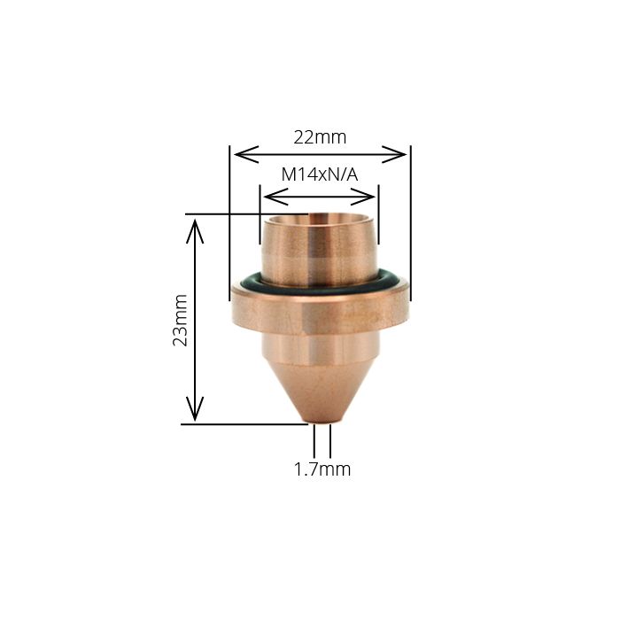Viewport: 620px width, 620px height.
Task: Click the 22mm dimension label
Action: point(320,137)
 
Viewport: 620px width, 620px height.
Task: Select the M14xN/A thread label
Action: point(319,174)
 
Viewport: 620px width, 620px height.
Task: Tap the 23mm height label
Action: point(181,320)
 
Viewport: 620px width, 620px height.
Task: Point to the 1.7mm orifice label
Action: point(322,469)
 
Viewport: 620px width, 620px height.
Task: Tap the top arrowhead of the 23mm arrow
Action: point(195,227)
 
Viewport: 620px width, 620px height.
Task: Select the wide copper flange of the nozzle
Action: point(320,306)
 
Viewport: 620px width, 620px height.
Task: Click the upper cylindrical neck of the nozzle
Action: point(320,248)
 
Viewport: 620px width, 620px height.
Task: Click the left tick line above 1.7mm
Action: point(314,441)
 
